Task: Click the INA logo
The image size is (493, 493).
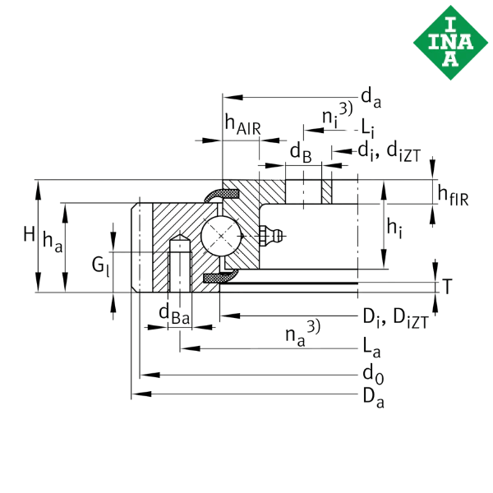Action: (x=450, y=43)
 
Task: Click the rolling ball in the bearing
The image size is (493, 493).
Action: (x=221, y=236)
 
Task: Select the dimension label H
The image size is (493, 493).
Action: (x=30, y=234)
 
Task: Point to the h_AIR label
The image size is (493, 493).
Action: (x=242, y=125)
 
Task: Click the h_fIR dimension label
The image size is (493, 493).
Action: (x=453, y=196)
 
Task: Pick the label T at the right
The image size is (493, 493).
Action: (x=447, y=286)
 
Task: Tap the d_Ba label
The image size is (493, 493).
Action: (x=174, y=315)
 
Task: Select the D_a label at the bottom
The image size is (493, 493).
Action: (x=374, y=398)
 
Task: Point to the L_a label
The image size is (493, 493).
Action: (x=371, y=348)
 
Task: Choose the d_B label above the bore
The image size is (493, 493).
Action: (x=301, y=153)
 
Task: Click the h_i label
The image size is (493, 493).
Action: (x=394, y=229)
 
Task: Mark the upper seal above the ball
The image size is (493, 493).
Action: (x=221, y=195)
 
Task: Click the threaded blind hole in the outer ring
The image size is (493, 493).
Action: (x=180, y=264)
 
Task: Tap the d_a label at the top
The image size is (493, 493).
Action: (x=371, y=98)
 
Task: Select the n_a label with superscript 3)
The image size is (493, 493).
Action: (x=302, y=334)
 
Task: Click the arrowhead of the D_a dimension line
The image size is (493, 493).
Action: (x=141, y=394)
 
